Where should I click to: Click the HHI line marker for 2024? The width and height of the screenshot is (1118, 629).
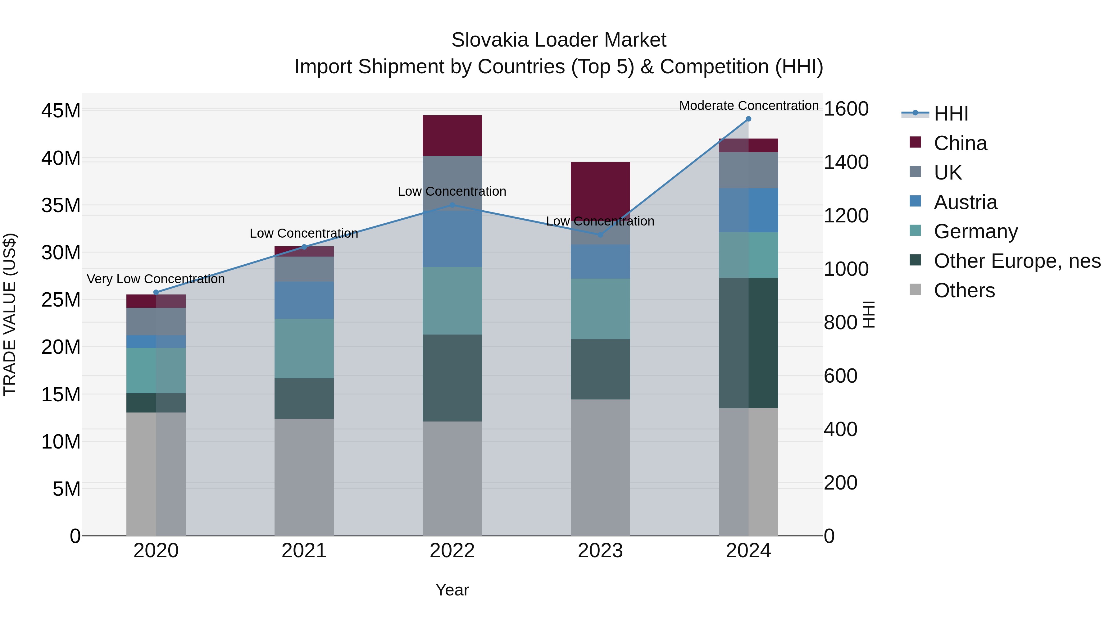748,119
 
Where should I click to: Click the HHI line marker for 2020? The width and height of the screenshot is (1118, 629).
156,293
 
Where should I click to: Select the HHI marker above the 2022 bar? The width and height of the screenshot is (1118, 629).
452,205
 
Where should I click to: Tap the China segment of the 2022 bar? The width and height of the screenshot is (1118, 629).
452,135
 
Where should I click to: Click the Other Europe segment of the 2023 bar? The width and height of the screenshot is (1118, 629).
600,369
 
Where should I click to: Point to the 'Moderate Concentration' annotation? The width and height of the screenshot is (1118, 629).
749,106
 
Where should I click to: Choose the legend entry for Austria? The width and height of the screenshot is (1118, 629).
965,202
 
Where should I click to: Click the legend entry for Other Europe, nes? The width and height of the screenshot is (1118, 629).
1017,261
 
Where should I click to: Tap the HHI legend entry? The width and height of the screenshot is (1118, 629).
951,113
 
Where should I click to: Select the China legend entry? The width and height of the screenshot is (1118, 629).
960,143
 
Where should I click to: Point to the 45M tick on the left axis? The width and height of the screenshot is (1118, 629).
61,111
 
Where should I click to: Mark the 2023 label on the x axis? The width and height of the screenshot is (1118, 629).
600,550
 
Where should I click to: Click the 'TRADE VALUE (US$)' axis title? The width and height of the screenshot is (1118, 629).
10,314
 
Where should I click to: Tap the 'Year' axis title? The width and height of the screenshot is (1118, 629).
452,590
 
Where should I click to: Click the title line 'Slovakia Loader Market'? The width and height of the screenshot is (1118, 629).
559,40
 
